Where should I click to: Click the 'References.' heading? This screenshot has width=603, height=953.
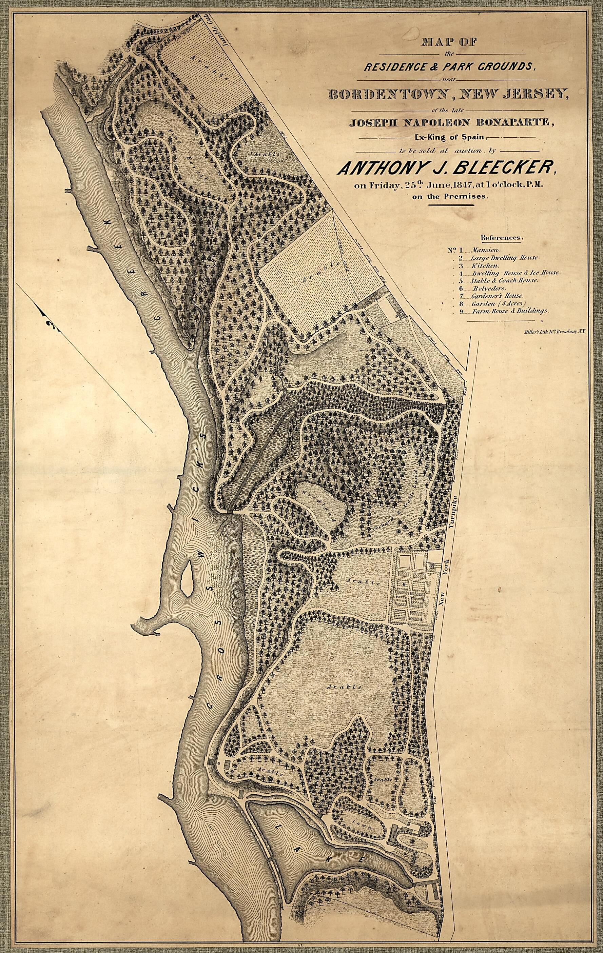(x=501, y=238)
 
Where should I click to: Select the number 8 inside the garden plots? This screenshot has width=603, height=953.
(x=404, y=583)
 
